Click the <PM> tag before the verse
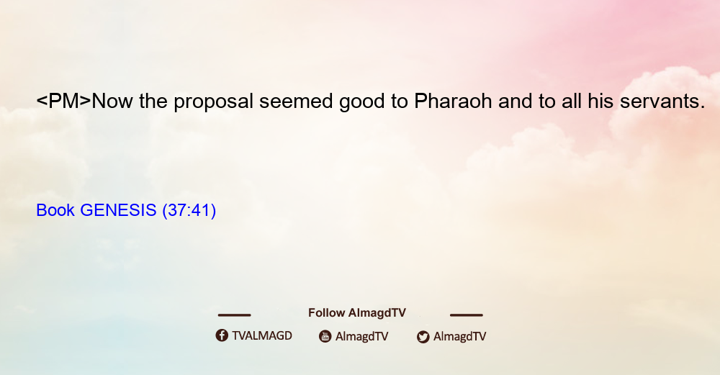[64, 101]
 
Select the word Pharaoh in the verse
[453, 101]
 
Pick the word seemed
[296, 101]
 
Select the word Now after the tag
[112, 101]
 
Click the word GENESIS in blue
[119, 210]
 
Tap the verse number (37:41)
[189, 211]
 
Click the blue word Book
[55, 210]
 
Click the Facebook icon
[222, 335]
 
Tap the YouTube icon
[325, 336]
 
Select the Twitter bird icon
[423, 337]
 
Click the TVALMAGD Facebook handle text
[262, 336]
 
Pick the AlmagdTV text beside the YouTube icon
[362, 336]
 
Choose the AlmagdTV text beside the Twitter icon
[459, 336]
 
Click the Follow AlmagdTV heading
[357, 313]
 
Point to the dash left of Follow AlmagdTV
[234, 315]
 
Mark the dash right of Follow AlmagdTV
[467, 315]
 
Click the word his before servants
[600, 101]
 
